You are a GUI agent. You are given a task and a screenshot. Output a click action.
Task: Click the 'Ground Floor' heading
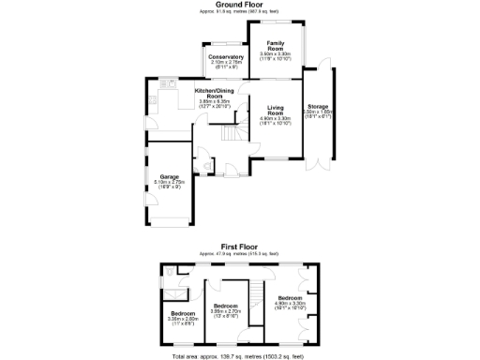(238, 5)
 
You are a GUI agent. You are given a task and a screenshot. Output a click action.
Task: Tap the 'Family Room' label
(276, 46)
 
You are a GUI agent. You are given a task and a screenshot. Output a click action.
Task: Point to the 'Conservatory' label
(224, 56)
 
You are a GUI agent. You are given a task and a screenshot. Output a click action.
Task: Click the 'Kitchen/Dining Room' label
(214, 93)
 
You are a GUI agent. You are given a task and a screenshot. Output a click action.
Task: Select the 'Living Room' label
(276, 110)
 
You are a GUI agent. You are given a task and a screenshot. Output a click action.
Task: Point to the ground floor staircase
(230, 137)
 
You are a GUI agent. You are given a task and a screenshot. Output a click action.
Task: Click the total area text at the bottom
(238, 356)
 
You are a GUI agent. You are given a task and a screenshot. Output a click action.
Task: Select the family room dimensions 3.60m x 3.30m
(276, 55)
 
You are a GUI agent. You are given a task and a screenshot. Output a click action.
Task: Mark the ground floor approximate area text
(238, 11)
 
